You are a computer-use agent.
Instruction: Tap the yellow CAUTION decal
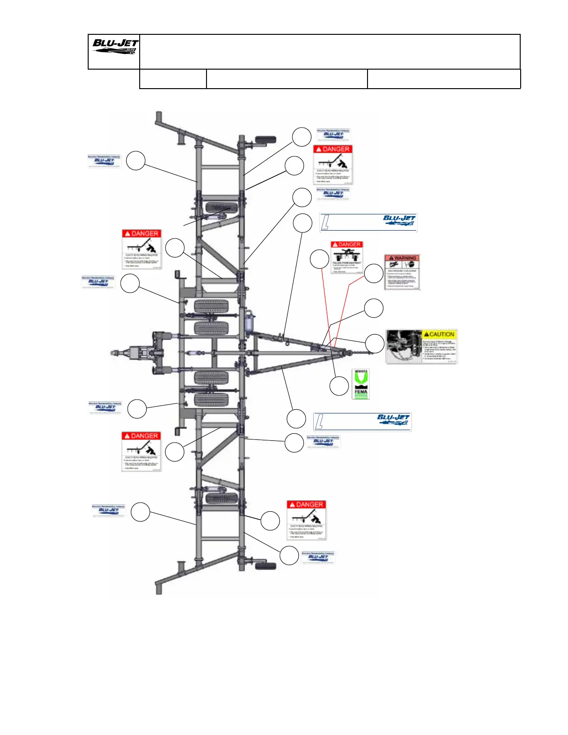click(x=421, y=346)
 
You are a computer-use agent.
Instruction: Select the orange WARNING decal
click(x=402, y=272)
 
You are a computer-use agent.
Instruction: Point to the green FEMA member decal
click(x=361, y=384)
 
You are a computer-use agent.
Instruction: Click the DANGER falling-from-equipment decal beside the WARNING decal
click(x=346, y=257)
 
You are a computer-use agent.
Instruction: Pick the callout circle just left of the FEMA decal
click(x=339, y=386)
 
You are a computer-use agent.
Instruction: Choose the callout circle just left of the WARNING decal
click(x=374, y=274)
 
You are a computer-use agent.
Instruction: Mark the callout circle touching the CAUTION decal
click(x=374, y=344)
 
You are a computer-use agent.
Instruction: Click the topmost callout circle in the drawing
click(x=302, y=136)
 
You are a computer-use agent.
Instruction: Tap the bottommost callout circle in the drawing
click(x=289, y=555)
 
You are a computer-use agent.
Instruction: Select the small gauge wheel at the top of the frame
click(x=265, y=140)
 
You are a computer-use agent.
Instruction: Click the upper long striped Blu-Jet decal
click(x=368, y=222)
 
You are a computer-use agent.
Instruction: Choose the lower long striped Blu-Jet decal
click(x=362, y=422)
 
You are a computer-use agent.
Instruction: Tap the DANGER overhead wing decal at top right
click(x=333, y=165)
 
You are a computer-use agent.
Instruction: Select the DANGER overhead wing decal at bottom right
click(x=306, y=520)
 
